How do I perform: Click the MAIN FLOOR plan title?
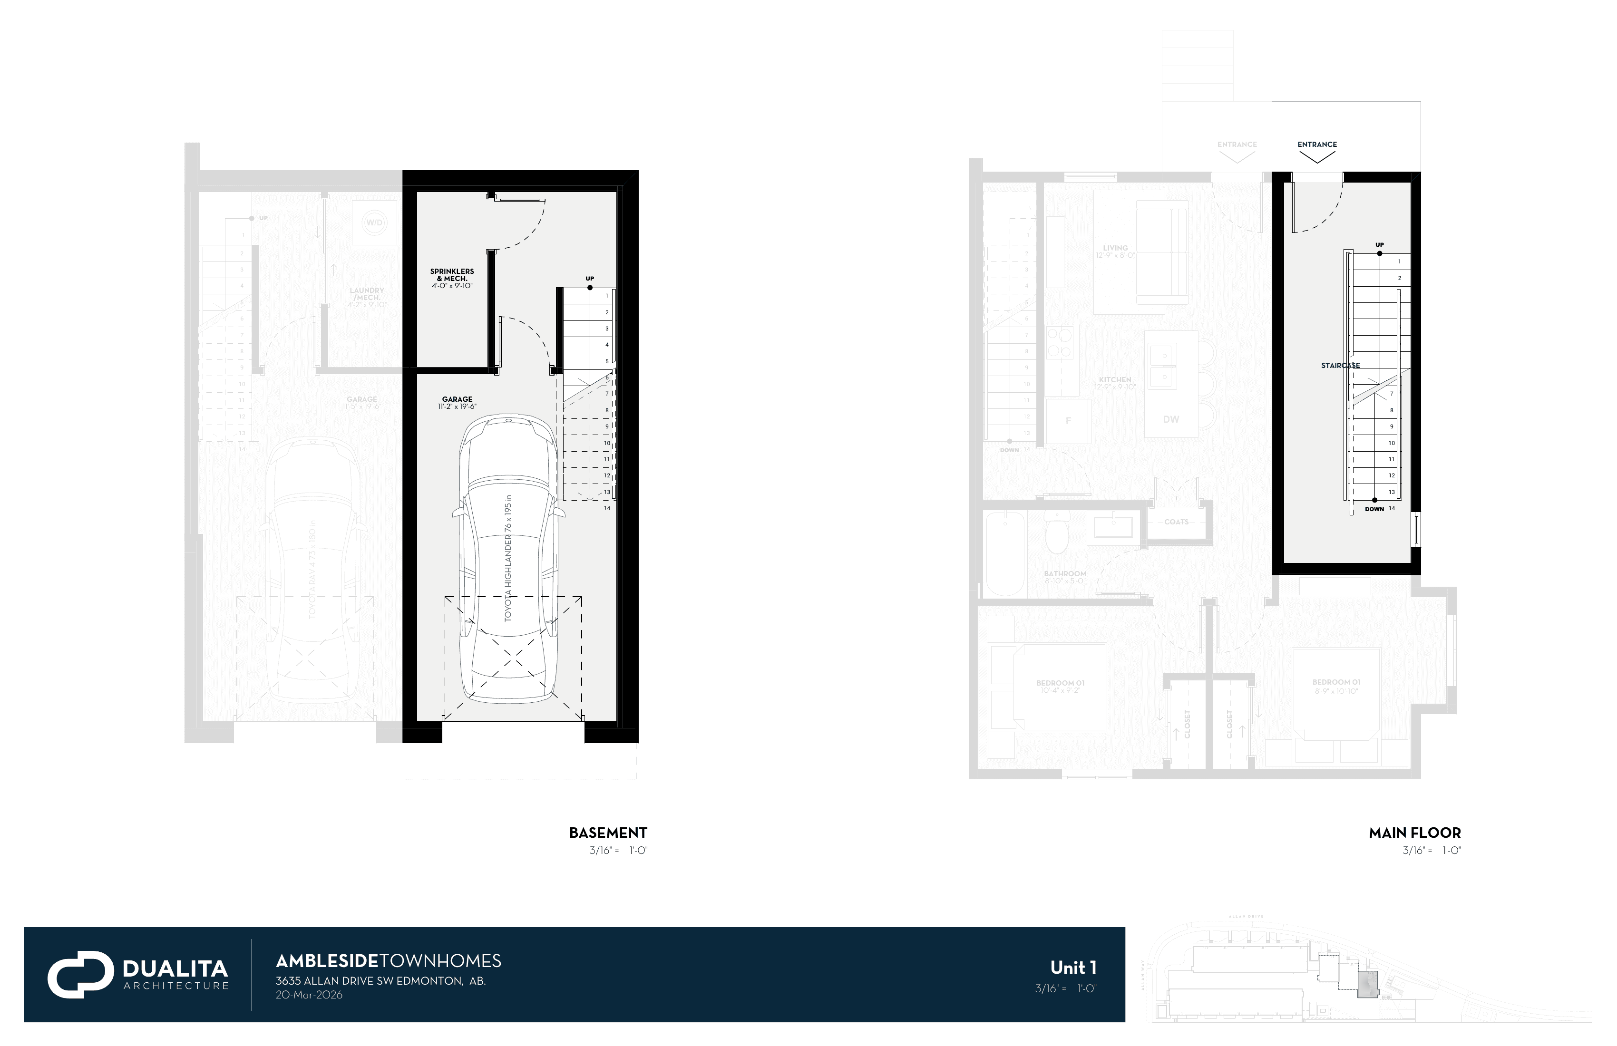pos(1414,833)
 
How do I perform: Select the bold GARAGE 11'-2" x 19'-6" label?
pos(457,403)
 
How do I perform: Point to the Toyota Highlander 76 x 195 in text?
pos(508,558)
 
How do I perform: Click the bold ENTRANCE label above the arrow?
pos(1317,145)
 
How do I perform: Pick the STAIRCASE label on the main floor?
pos(1340,366)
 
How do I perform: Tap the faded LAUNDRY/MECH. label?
pos(367,297)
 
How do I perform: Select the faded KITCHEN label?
pos(1115,382)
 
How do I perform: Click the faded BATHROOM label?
pos(1065,577)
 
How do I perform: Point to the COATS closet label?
pos(1176,522)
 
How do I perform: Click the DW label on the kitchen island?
pos(1170,419)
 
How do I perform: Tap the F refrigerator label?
pos(1068,420)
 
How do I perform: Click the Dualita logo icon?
pos(80,974)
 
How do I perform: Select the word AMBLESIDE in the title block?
pos(326,960)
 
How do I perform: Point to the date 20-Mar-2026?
pos(309,995)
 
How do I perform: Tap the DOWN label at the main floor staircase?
pos(1374,509)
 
